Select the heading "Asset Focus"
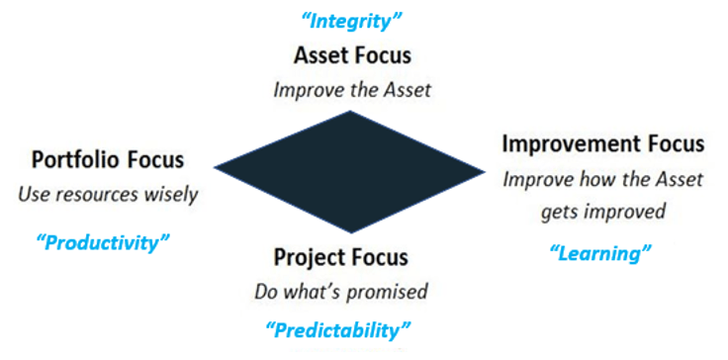[352, 55]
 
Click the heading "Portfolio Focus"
[108, 159]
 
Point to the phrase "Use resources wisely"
[108, 194]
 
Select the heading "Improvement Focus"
[603, 143]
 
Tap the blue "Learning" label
[600, 254]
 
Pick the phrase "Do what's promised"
[341, 292]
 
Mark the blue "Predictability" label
[338, 328]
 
